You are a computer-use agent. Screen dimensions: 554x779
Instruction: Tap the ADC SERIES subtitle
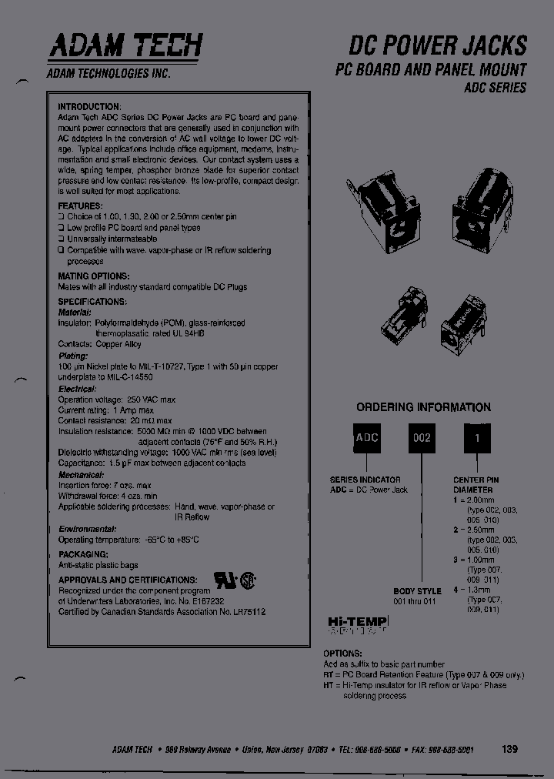coord(495,88)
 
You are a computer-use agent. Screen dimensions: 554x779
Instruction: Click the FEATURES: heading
coord(80,206)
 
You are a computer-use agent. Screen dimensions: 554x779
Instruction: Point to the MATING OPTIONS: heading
coord(94,276)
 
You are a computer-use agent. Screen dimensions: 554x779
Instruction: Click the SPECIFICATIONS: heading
coord(92,302)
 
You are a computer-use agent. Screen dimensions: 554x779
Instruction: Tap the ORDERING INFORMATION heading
coord(423,407)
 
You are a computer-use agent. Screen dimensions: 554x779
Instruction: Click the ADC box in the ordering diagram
coord(366,438)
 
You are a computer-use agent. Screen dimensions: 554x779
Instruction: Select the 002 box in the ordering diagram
coord(421,438)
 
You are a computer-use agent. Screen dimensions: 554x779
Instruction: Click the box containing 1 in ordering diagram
coord(476,438)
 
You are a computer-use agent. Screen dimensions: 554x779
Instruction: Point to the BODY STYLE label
coord(417,591)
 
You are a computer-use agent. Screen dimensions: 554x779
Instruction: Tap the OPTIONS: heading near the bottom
coord(342,654)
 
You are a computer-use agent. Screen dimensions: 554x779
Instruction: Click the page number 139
coord(509,749)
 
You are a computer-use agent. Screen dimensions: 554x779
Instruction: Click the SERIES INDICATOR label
coord(365,480)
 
